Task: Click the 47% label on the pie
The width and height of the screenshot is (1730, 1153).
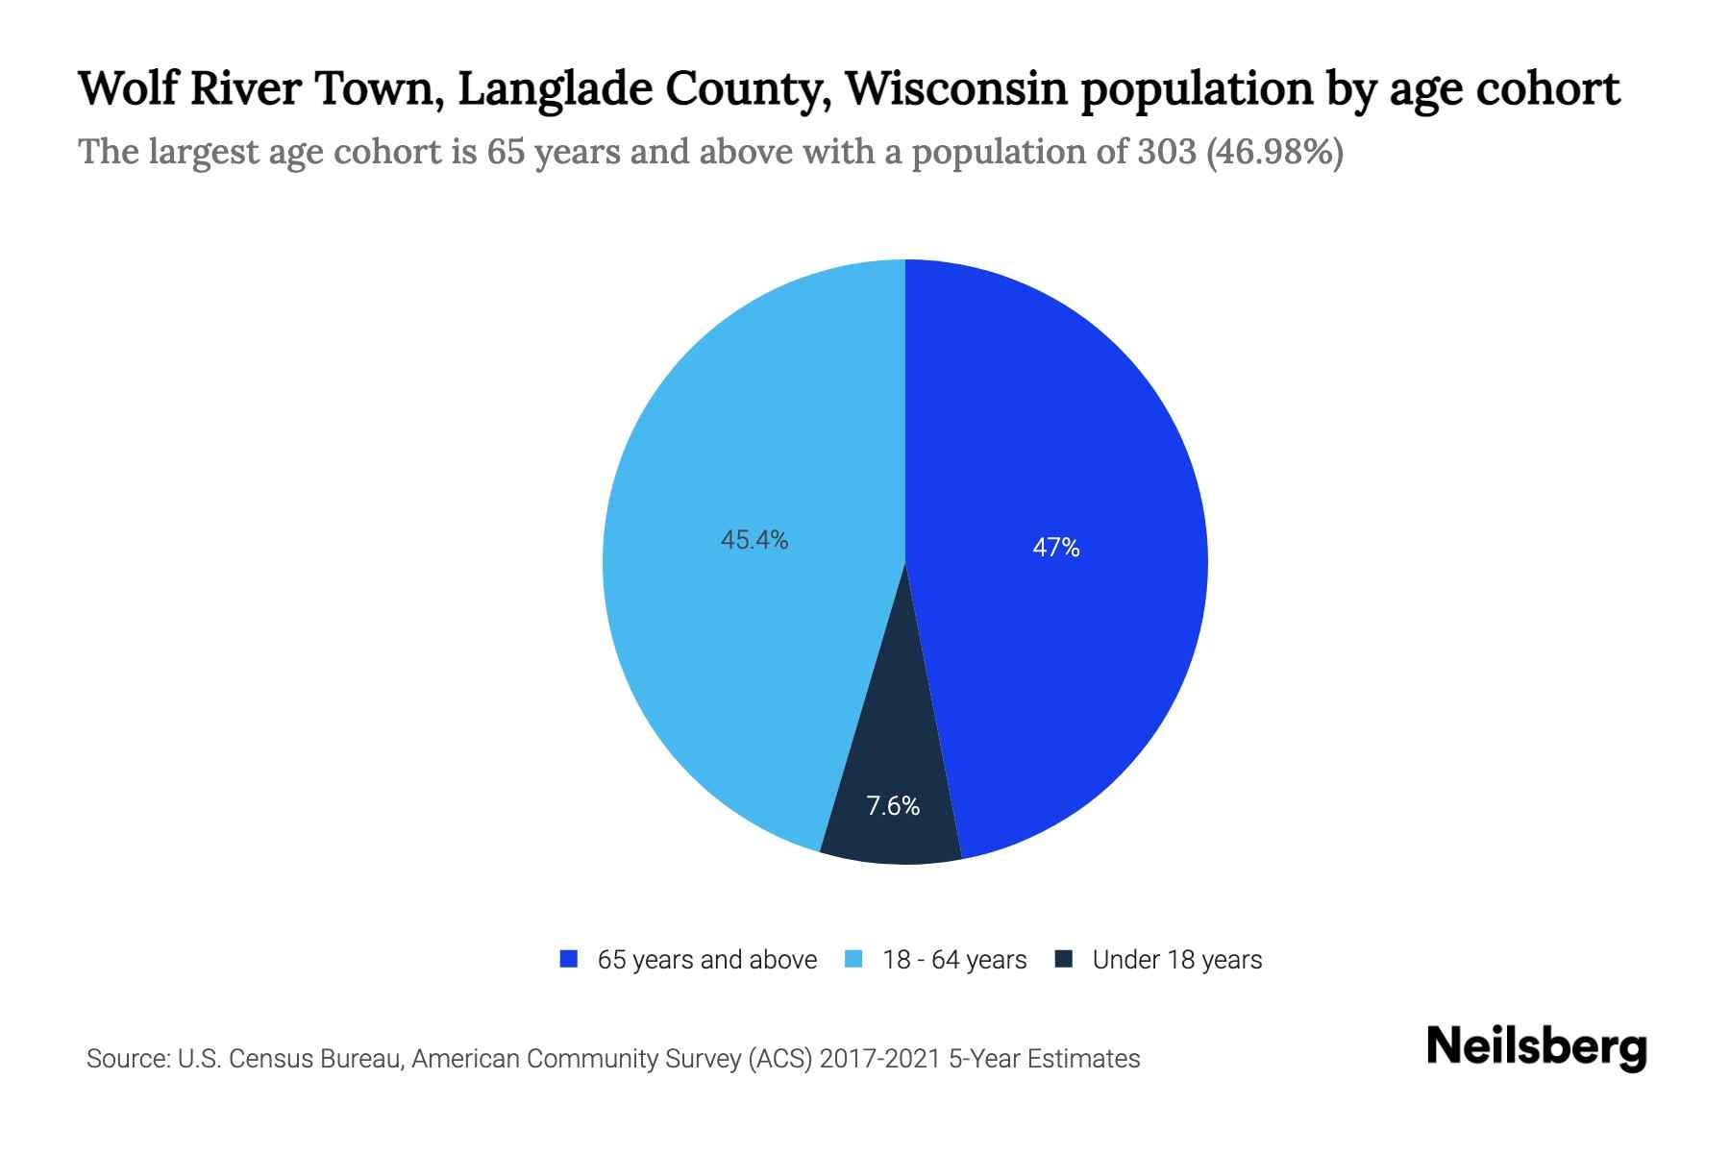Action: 1055,548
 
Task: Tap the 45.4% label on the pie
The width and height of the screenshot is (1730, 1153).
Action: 754,541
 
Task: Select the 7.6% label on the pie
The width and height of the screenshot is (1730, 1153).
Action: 893,806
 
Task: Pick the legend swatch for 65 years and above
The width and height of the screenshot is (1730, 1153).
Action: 569,959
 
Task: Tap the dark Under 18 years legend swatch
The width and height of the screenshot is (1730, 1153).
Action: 1063,959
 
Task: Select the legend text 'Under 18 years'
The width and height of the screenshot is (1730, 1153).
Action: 1177,960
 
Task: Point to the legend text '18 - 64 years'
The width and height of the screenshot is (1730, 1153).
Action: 954,960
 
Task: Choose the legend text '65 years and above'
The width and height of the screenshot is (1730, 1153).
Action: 707,960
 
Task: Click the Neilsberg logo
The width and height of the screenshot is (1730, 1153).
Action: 1536,1048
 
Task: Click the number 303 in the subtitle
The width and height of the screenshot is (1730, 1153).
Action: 1166,153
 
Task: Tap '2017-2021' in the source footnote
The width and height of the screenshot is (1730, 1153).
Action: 879,1059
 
